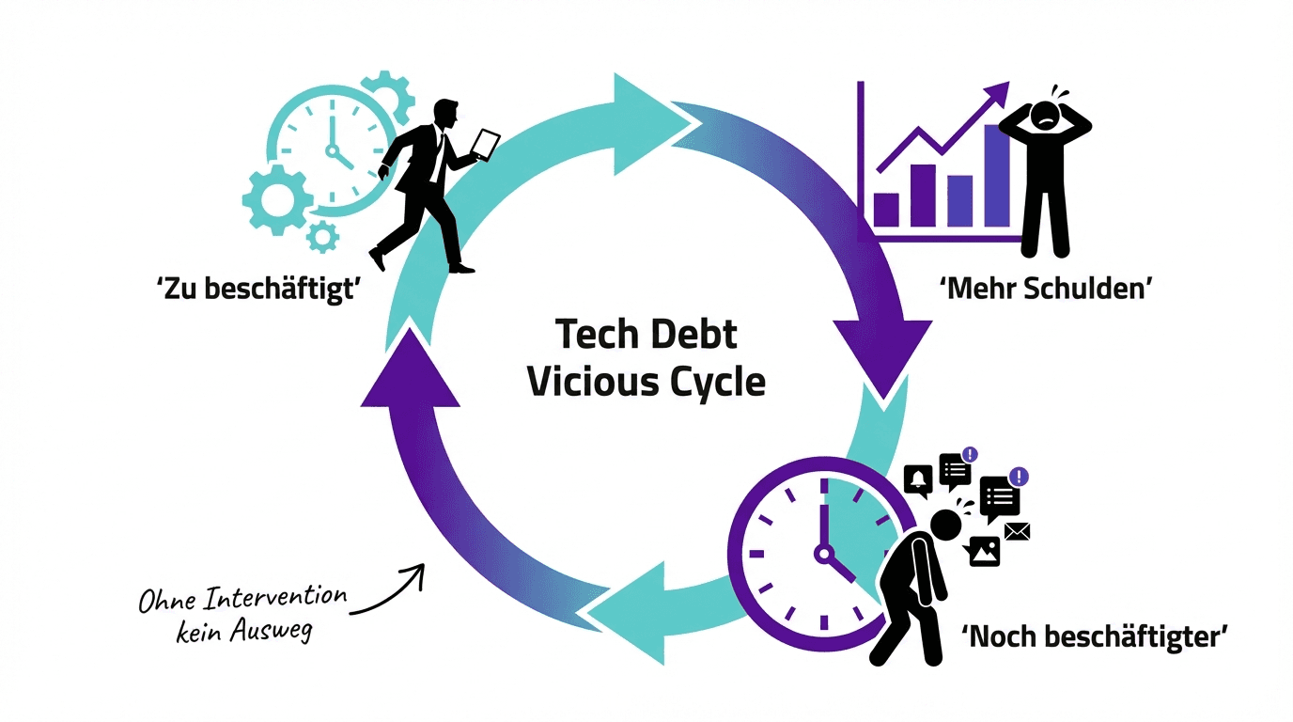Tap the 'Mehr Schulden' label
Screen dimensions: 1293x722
pos(1045,289)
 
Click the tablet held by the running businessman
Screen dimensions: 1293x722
pos(486,143)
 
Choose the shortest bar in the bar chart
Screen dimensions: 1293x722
pos(887,210)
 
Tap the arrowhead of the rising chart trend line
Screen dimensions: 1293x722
pos(999,93)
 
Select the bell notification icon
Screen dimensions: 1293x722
pos(918,480)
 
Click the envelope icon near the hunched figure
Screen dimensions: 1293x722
pos(1017,532)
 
